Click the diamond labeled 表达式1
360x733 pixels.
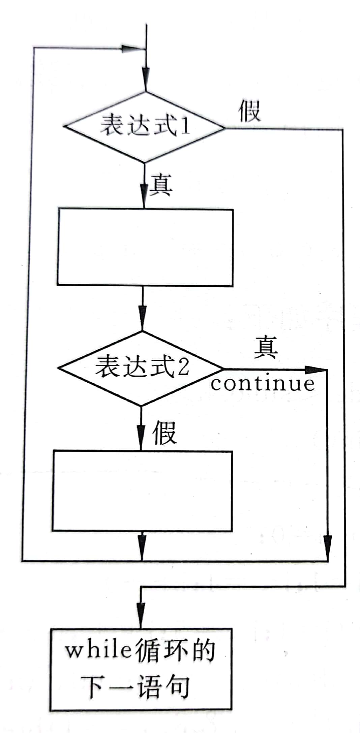(x=144, y=127)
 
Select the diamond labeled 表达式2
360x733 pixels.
(x=141, y=368)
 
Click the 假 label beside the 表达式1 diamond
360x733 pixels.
(x=249, y=111)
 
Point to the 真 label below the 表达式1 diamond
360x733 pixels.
(x=161, y=185)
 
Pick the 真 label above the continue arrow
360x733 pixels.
(x=266, y=347)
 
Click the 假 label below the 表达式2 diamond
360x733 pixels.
(x=164, y=433)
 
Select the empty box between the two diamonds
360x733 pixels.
(x=145, y=248)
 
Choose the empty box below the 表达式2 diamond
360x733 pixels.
(x=142, y=491)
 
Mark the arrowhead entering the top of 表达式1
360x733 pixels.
(x=146, y=78)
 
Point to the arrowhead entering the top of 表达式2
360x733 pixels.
(x=143, y=315)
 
